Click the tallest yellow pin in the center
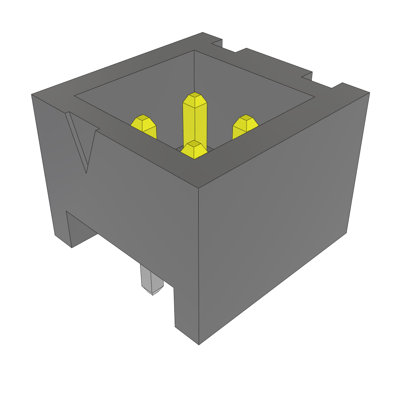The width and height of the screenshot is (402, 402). point(194,122)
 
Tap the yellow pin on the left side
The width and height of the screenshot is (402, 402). point(144,126)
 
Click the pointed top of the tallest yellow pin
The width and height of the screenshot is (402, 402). point(194,96)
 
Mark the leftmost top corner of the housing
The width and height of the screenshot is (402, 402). point(32,95)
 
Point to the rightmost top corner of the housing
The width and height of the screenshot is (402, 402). point(369,93)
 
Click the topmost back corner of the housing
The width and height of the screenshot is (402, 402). point(203,33)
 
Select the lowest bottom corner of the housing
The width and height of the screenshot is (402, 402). point(199,344)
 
